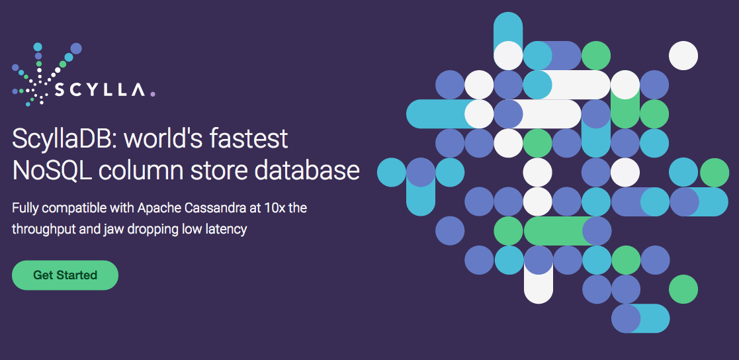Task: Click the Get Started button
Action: point(65,275)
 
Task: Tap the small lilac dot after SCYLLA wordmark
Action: point(152,94)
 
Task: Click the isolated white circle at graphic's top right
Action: point(683,56)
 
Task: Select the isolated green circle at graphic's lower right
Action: point(683,289)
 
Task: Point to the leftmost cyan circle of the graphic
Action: point(392,173)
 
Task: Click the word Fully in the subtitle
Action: point(24,208)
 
